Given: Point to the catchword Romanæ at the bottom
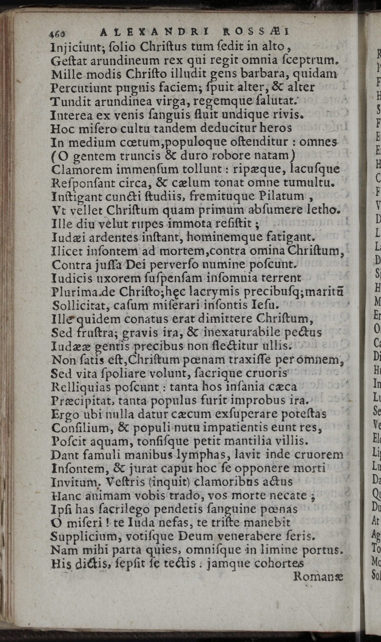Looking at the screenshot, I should click(319, 577).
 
